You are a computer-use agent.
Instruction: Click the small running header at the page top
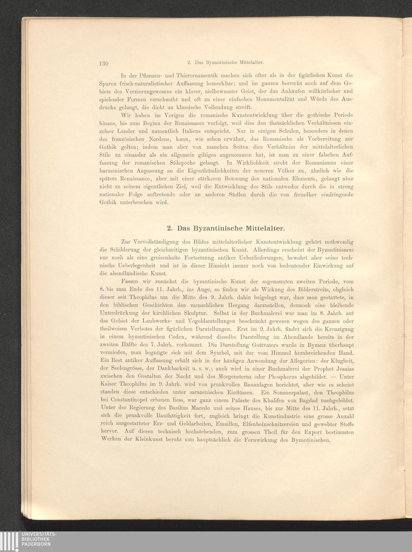pyautogui.click(x=225, y=63)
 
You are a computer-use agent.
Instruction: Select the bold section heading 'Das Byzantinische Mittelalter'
pyautogui.click(x=225, y=228)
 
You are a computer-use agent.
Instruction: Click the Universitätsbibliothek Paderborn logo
pyautogui.click(x=28, y=541)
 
